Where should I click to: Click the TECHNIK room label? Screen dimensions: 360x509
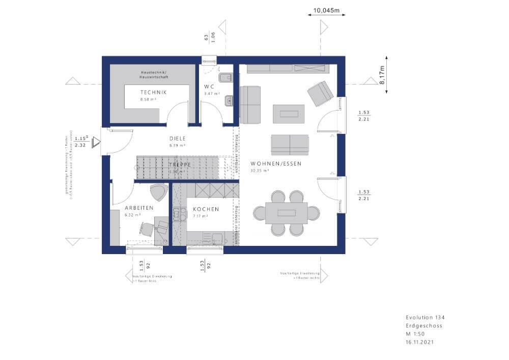click(x=153, y=92)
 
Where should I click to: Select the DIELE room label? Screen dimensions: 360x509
click(x=178, y=138)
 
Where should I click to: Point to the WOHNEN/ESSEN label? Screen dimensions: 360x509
click(x=276, y=163)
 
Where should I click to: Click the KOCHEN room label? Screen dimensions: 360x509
click(x=206, y=209)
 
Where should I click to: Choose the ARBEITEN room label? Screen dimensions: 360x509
click(x=139, y=208)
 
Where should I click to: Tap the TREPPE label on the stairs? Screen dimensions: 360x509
click(x=180, y=165)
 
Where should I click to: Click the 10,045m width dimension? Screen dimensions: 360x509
click(x=326, y=10)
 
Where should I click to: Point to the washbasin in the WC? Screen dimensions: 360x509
click(x=228, y=101)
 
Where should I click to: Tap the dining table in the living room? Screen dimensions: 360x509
click(x=287, y=212)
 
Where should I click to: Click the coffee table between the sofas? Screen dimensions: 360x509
click(x=289, y=114)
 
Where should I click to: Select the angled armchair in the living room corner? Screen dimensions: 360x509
click(x=320, y=94)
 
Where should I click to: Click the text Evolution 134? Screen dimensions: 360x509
click(x=425, y=317)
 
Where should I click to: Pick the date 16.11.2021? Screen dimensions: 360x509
click(x=420, y=342)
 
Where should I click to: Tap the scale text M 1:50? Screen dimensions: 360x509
click(x=415, y=334)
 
